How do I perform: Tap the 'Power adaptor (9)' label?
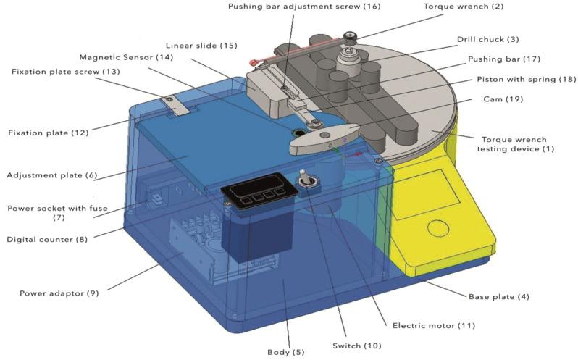point(61,293)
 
